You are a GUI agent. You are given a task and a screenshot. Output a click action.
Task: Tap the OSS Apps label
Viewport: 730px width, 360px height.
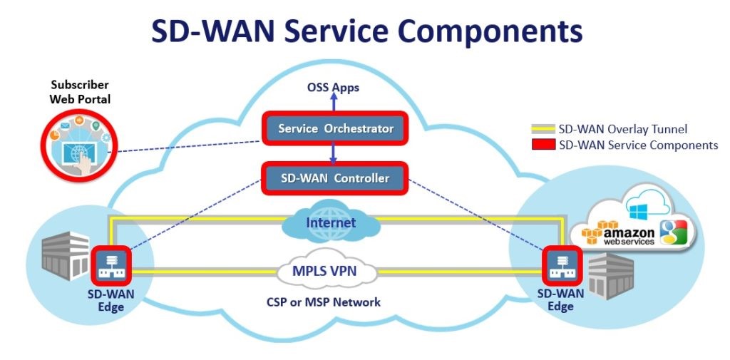[x=333, y=88]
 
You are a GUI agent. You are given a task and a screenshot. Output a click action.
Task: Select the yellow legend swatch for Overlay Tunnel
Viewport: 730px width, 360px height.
[x=543, y=129]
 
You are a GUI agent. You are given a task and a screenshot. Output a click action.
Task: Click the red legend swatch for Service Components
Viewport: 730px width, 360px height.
[x=543, y=145]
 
